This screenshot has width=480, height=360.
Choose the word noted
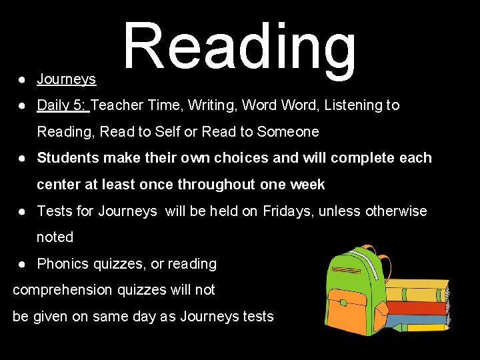55,237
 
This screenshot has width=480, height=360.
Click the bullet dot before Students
22,159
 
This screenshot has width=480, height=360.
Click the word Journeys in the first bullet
66,79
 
